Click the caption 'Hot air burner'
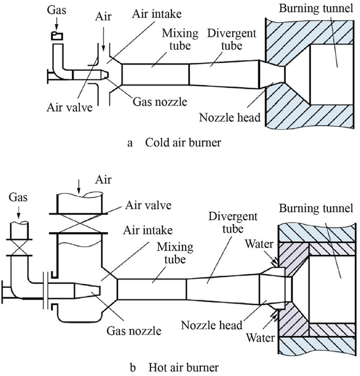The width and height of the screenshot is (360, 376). tap(181, 366)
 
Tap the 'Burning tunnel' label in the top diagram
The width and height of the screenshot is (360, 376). tap(309, 9)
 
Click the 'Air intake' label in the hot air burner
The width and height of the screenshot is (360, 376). tap(149, 229)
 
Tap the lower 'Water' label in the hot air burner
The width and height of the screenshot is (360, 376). tap(261, 338)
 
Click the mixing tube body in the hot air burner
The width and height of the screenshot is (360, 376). tap(152, 289)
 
